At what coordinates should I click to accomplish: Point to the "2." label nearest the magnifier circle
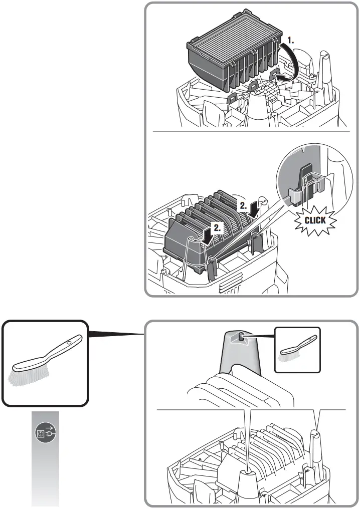point(242,205)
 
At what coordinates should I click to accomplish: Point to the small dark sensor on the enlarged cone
point(241,338)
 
